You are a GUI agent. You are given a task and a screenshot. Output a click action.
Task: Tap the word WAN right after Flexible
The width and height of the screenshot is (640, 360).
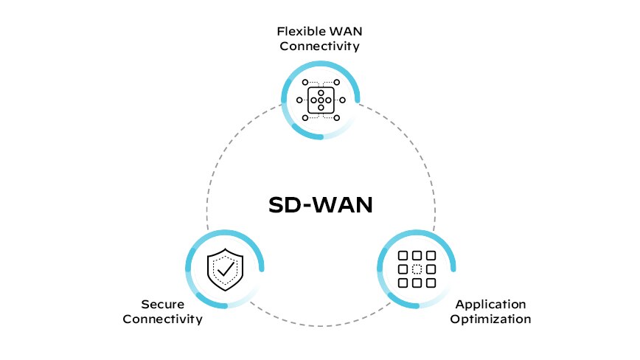pos(342,32)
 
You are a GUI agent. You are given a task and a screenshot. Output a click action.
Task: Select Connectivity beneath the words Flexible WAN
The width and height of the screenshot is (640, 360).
pos(319,46)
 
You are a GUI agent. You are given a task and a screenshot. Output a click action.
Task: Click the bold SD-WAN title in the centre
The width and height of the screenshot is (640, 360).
pos(319,204)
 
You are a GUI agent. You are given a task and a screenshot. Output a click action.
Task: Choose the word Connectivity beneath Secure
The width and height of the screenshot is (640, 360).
pos(162,319)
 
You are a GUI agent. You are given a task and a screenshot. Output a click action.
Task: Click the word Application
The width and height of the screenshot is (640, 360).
pos(490,304)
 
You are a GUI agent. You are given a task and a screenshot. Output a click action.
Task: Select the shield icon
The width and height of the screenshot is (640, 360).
pos(224,269)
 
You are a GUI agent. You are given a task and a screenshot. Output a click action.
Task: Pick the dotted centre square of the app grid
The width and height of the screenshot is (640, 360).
pos(417,269)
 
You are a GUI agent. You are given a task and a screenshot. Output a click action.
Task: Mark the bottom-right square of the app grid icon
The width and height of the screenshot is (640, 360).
pos(430,283)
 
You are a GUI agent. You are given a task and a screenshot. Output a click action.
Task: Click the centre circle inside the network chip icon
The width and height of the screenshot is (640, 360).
pos(321,100)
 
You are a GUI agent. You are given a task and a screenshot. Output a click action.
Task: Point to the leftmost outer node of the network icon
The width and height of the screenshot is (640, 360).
pos(299,100)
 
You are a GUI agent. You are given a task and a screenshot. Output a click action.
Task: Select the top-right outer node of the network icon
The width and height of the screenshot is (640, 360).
pos(337,82)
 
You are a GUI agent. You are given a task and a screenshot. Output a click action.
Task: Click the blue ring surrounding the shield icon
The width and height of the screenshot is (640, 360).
pos(189,251)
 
